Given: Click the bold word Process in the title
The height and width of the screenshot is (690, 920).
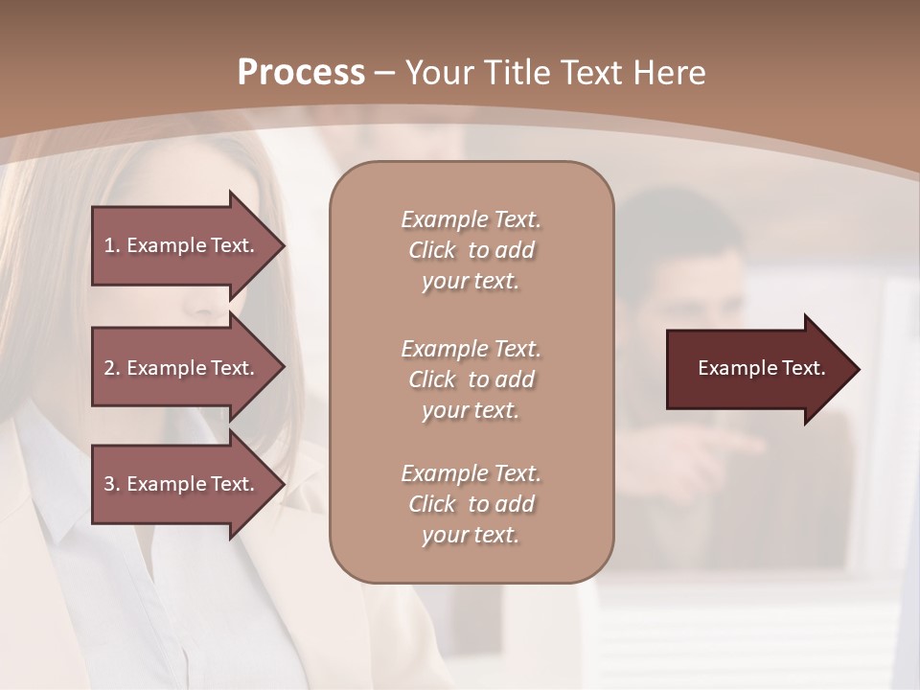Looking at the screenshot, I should tap(301, 73).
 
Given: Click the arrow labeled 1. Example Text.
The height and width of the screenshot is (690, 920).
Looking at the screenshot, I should tap(182, 245).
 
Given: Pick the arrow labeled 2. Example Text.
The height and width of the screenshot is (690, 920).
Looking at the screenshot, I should tap(182, 368).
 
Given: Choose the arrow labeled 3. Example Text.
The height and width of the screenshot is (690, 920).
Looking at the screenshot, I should tap(182, 484).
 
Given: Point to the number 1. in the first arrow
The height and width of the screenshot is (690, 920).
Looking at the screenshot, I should tap(112, 245).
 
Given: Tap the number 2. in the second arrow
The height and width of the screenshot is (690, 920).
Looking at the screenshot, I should tap(112, 368).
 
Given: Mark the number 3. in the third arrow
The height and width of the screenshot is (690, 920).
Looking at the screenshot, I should tap(112, 484).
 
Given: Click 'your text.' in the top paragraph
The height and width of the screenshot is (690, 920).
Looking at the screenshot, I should tap(470, 282).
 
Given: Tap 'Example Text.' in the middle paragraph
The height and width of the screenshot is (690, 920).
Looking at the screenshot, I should tap(471, 349).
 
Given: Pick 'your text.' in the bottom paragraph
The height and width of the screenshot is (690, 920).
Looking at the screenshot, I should tap(470, 536).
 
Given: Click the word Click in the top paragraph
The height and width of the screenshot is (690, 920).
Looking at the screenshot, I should tap(432, 250).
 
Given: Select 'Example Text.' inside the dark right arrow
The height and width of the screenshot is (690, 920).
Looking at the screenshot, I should tap(761, 368).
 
